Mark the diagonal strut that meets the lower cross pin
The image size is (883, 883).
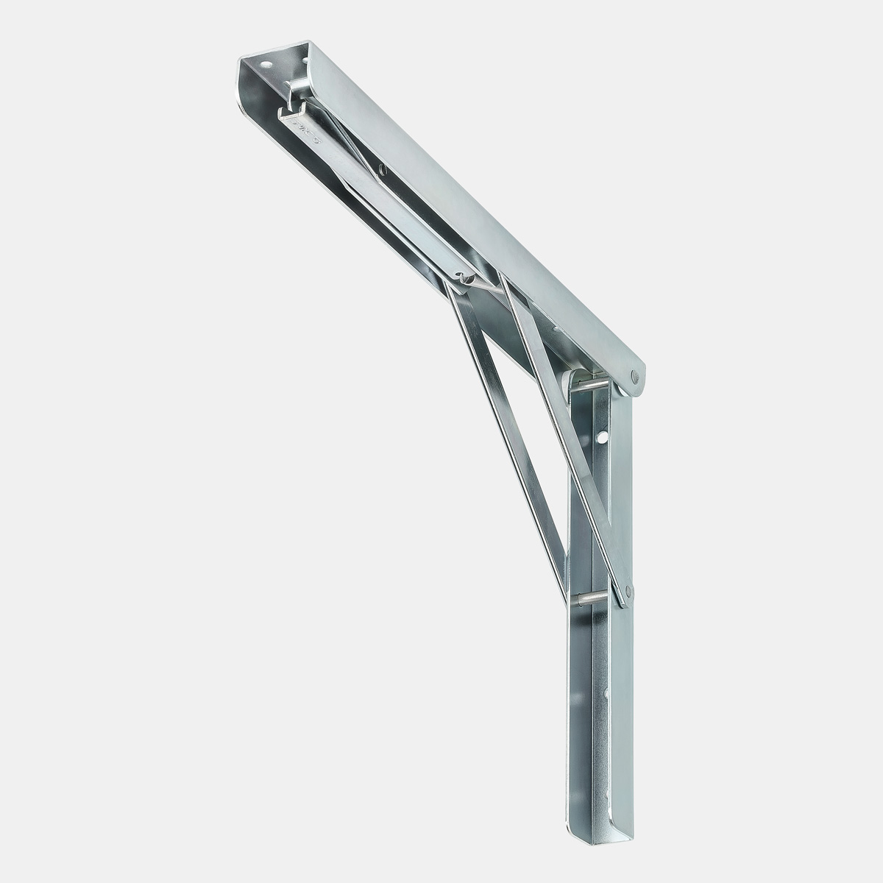(508, 427)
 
